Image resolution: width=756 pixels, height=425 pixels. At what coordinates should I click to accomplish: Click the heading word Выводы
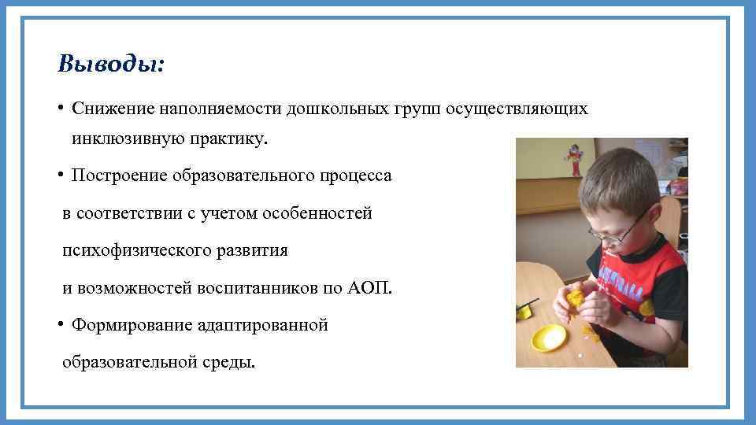(x=111, y=64)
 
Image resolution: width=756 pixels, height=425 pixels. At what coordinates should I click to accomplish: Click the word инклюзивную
(x=126, y=139)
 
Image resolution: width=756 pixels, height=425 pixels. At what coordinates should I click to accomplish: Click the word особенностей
(x=319, y=213)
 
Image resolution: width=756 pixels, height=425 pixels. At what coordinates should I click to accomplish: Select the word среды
(x=232, y=362)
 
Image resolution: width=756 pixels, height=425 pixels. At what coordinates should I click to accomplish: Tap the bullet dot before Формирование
(x=60, y=324)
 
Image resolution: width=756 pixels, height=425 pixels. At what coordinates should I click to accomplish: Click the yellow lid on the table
(x=549, y=338)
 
